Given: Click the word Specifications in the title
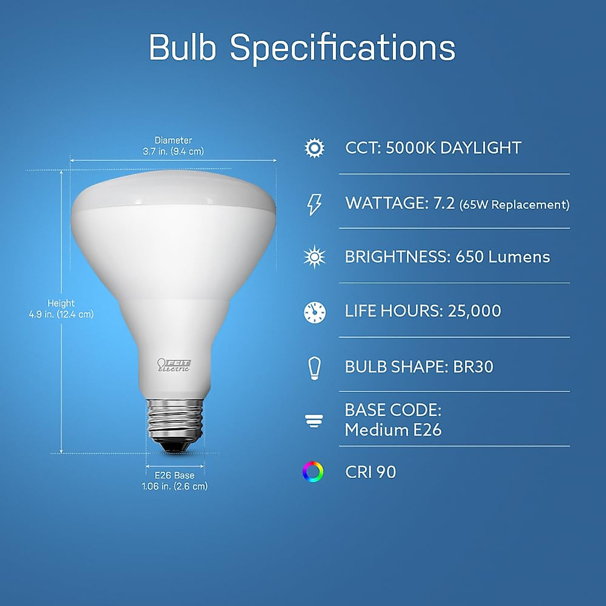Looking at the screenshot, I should tap(342, 48).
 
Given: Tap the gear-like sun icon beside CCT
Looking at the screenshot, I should tap(315, 148).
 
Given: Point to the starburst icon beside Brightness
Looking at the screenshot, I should tap(315, 257).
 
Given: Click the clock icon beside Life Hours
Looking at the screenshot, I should tap(315, 312).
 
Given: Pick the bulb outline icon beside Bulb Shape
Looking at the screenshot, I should tap(315, 367).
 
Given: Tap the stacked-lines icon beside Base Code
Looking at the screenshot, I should tap(314, 420).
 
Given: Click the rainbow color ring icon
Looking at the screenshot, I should tap(313, 472).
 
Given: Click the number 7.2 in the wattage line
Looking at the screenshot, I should tap(444, 203).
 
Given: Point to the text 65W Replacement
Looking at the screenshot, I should tap(514, 205).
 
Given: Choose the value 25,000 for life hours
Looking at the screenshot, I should tap(474, 311).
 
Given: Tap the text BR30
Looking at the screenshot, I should tap(473, 367).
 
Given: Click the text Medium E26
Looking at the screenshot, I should tap(393, 430).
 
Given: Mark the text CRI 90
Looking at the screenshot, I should tap(371, 472).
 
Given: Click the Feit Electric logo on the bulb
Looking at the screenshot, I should tap(174, 365).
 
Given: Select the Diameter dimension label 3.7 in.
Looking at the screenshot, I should tap(173, 151).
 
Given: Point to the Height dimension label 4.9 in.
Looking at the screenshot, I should tap(61, 314).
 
